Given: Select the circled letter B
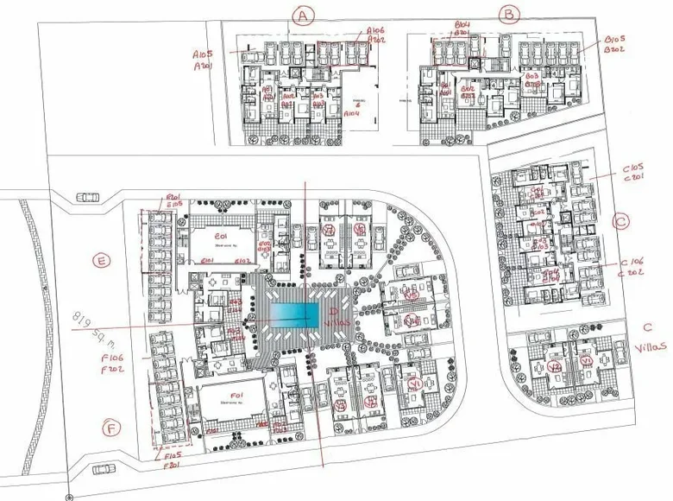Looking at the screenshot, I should coord(510,14).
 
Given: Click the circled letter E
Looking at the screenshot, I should coord(102,259).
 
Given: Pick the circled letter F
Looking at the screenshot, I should coord(110,428).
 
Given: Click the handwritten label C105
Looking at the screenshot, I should coord(633,169).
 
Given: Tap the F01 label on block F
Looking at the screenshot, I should coord(230,396).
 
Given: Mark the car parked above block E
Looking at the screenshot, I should coord(87,197).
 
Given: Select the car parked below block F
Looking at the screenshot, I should coord(104,469).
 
